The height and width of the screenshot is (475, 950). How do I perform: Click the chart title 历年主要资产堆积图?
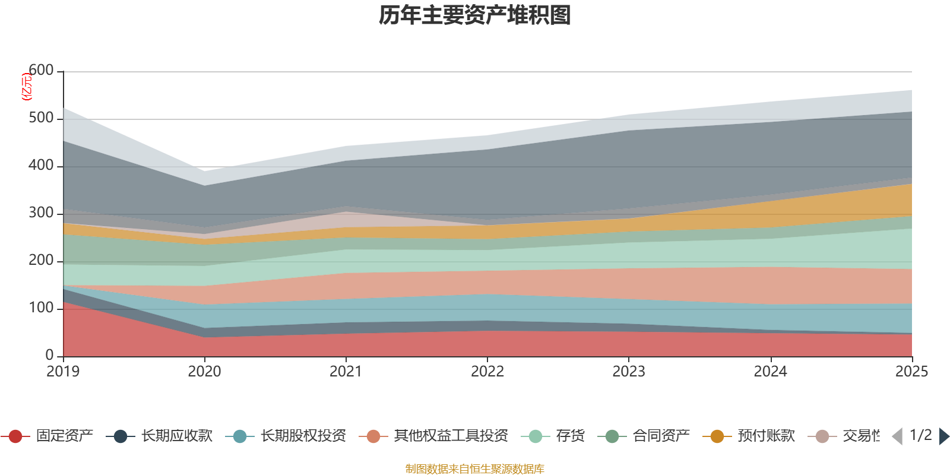(475, 15)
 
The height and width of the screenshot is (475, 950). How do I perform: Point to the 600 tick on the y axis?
(41, 71)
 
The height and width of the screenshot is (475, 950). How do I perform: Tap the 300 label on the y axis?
(41, 213)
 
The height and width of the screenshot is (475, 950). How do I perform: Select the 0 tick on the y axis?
(49, 355)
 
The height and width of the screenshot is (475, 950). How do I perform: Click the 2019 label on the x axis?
(63, 372)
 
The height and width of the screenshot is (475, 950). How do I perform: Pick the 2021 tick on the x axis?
(346, 372)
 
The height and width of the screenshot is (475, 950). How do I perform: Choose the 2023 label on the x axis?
(629, 372)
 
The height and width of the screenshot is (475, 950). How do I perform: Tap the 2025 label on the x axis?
(911, 372)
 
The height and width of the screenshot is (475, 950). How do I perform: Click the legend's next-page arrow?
(944, 436)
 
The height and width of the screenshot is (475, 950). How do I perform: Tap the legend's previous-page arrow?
(897, 436)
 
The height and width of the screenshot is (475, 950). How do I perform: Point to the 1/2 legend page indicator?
(921, 435)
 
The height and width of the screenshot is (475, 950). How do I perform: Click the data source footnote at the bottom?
(474, 469)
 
